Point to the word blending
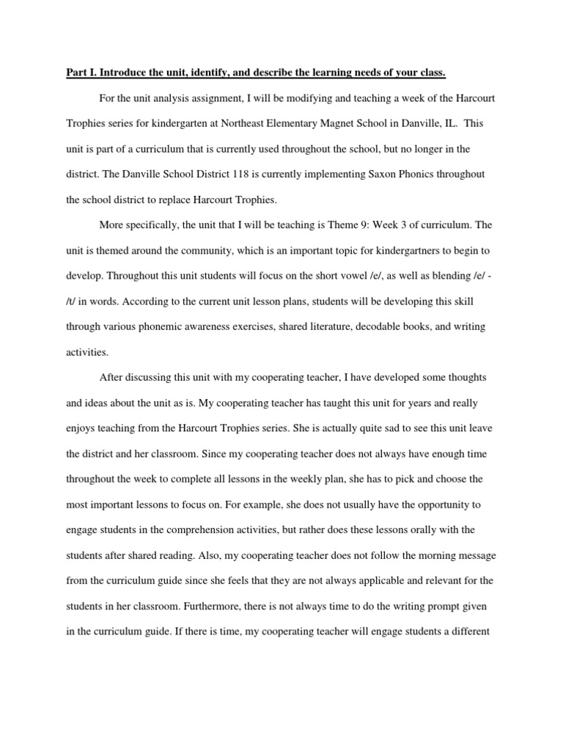tap(441, 276)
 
